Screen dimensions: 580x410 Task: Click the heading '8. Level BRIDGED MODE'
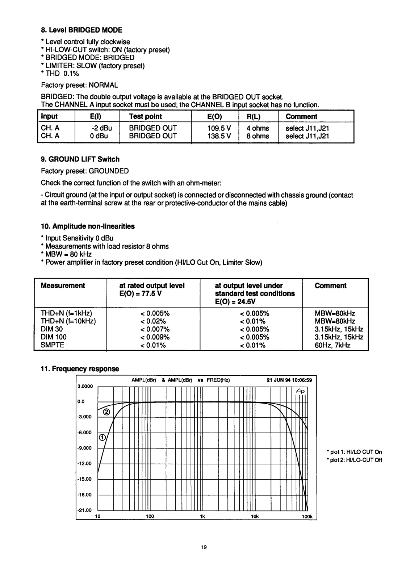tap(81, 30)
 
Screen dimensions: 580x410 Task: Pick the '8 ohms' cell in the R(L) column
tap(258, 136)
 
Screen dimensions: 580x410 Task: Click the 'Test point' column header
tap(145, 117)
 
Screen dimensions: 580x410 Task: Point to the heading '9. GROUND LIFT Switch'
tap(80, 159)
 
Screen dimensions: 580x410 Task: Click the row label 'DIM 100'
tap(54, 337)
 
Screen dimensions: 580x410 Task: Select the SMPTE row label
tap(53, 345)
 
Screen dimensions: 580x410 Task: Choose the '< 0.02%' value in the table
tap(153, 321)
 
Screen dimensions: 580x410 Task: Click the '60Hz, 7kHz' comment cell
tap(332, 345)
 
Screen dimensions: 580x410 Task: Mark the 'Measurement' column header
tap(63, 286)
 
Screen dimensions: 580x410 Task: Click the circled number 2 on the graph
tap(107, 412)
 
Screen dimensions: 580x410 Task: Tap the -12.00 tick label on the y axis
tap(84, 464)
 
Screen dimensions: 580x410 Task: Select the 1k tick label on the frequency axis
tap(202, 517)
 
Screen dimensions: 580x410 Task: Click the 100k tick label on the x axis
tap(307, 517)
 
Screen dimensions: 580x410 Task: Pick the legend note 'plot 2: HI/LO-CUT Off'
tap(354, 460)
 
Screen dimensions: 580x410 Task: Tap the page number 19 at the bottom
tap(204, 547)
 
